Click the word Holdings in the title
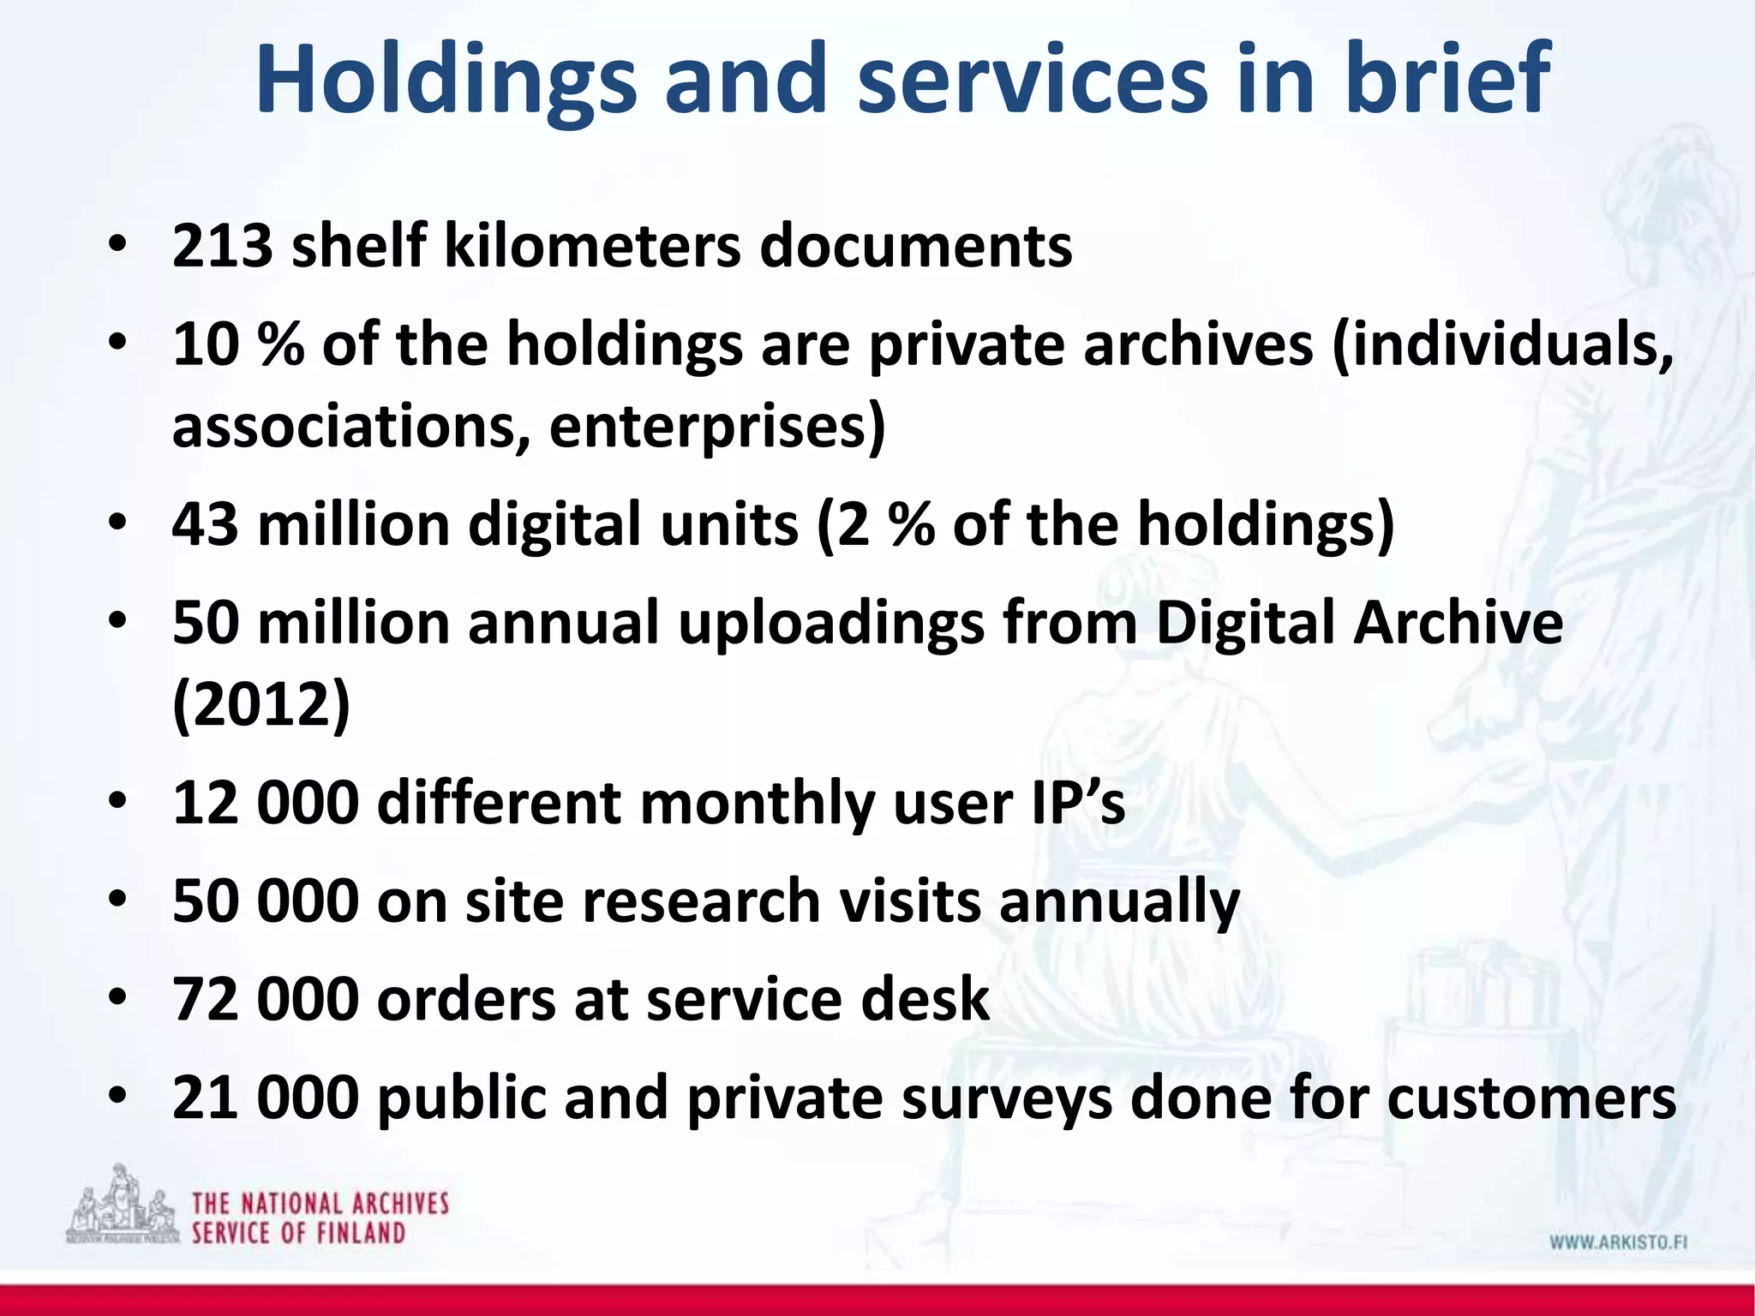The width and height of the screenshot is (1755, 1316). coord(446,79)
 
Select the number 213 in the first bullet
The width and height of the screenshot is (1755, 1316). coord(223,247)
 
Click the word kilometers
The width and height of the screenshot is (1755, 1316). coord(592,247)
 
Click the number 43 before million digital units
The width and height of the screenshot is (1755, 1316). coord(206,524)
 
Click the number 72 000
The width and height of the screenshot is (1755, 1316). coord(265,999)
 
